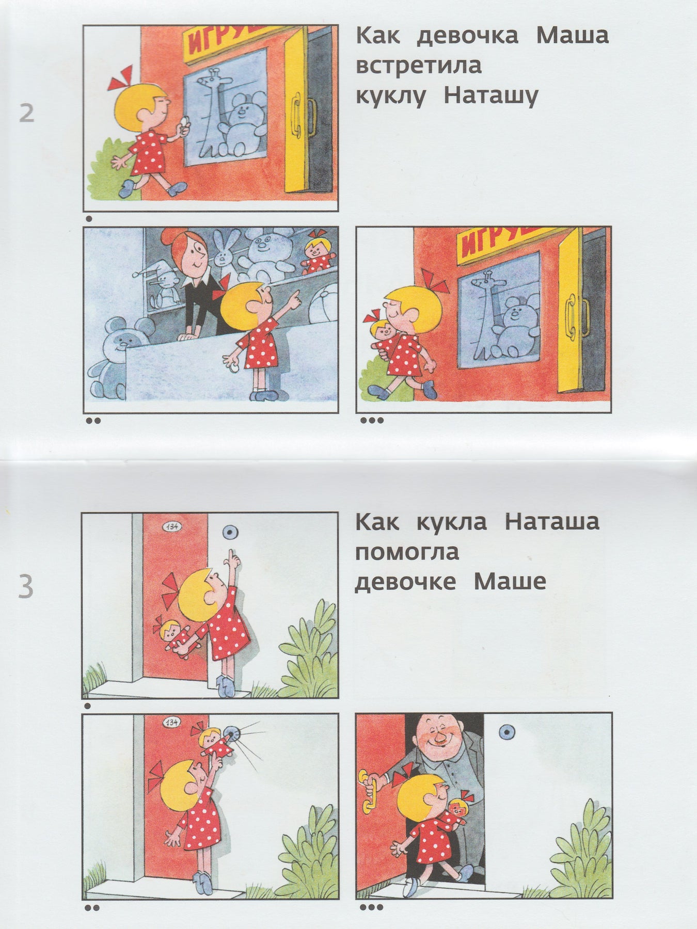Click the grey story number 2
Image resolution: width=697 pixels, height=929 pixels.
coord(26,112)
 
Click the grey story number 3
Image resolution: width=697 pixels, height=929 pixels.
coord(26,587)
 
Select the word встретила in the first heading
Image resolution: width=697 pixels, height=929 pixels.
coord(419,66)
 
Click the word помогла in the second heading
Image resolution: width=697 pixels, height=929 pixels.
coord(407,552)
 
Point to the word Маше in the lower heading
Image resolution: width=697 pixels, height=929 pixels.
coord(510,582)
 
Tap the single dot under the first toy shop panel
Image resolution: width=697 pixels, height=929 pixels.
coord(89,218)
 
